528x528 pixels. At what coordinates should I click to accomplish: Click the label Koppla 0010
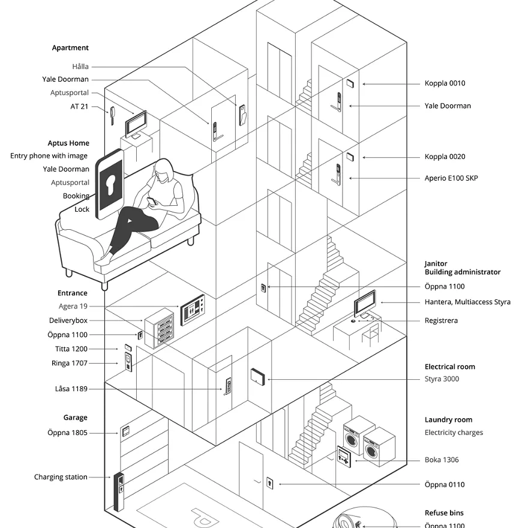[445, 83]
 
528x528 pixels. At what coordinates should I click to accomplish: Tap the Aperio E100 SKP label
[451, 178]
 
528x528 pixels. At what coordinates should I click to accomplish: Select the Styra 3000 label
[442, 379]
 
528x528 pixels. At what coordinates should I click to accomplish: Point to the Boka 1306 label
[442, 460]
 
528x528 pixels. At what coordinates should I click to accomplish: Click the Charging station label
[61, 478]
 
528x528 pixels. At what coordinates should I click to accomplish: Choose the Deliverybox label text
[68, 321]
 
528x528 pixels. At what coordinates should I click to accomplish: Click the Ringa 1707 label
[70, 364]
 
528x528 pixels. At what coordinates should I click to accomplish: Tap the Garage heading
[76, 418]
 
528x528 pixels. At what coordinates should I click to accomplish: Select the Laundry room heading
[448, 420]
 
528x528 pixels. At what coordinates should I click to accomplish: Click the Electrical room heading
[449, 367]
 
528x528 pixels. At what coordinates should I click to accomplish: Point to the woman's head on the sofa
[163, 171]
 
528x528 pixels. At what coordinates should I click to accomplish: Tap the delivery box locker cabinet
[158, 328]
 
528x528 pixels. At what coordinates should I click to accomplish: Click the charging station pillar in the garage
[120, 491]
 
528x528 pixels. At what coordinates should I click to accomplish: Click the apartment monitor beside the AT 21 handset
[136, 124]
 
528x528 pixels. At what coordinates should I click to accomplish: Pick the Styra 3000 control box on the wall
[258, 377]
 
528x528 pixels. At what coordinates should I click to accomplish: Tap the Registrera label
[441, 321]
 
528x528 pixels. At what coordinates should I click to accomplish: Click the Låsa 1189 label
[71, 389]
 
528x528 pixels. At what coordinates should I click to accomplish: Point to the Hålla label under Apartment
[80, 67]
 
